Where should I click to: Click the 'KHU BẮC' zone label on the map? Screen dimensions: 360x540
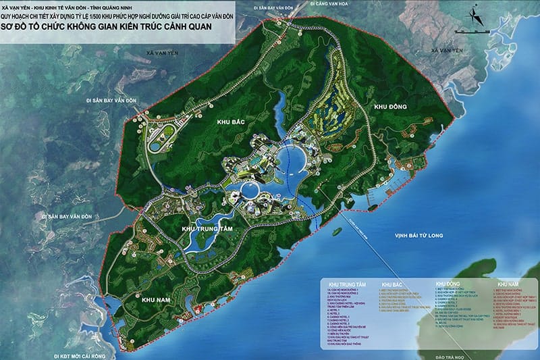coord(230,122)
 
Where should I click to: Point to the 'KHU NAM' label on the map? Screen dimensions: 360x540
coord(156,298)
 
